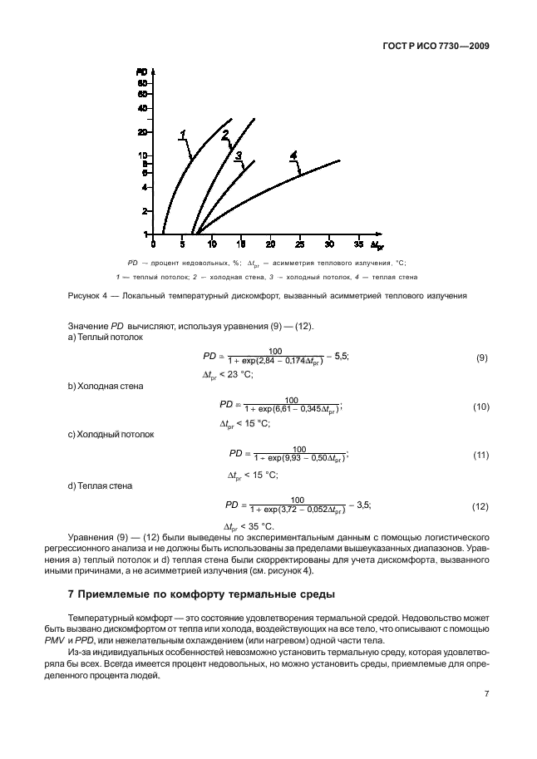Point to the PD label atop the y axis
click(x=141, y=73)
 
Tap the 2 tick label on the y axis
click(x=145, y=211)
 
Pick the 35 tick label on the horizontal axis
click(x=358, y=244)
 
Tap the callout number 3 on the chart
click(x=238, y=155)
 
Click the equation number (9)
click(x=480, y=357)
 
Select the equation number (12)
click(x=479, y=505)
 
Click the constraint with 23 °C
click(x=228, y=375)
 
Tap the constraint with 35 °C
click(x=249, y=526)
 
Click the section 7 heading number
click(x=70, y=594)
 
